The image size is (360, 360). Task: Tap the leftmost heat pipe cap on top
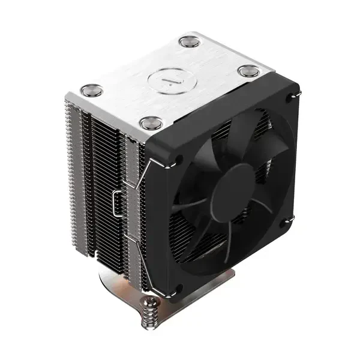point(91,91)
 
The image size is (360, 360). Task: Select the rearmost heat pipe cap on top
point(189,42)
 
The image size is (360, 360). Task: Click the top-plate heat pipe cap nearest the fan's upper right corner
point(248,71)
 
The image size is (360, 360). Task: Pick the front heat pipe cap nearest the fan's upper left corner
point(151,123)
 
